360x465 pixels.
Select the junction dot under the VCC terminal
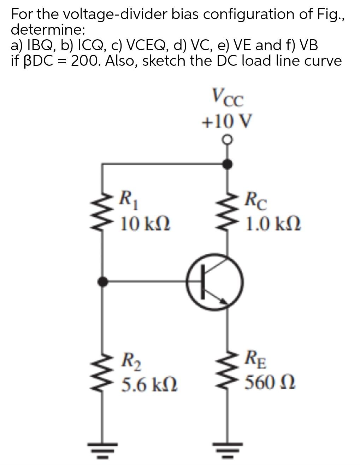[229, 164]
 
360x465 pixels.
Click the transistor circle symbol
[215, 282]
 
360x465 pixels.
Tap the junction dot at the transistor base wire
[103, 282]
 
